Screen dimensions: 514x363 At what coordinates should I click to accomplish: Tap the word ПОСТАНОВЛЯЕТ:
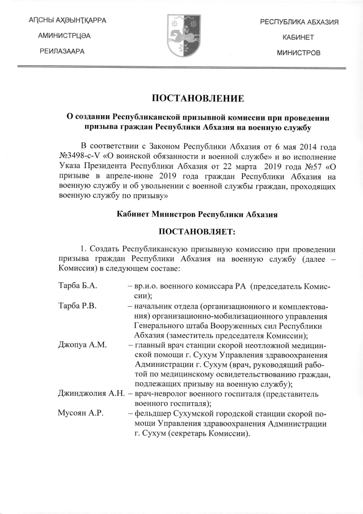[181, 232]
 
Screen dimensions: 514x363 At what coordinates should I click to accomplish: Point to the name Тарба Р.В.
[77, 306]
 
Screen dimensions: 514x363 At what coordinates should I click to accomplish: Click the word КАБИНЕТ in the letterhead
[299, 36]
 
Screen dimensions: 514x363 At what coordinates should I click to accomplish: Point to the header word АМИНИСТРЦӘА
[67, 36]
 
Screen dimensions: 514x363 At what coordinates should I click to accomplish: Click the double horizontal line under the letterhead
[181, 68]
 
